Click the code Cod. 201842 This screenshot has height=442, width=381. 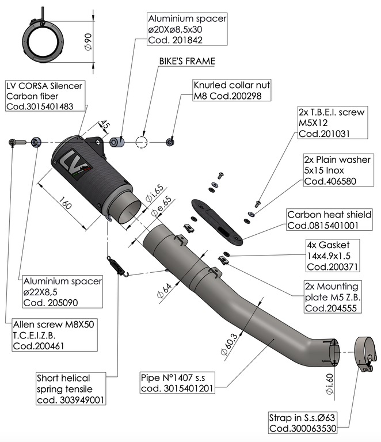(x=175, y=40)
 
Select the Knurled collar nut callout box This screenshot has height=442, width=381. (x=232, y=90)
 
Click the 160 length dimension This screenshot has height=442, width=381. (x=64, y=205)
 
